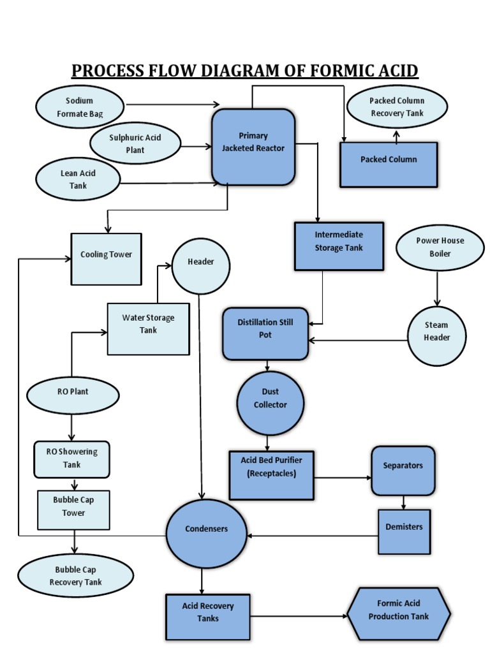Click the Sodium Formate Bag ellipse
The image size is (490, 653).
tap(80, 107)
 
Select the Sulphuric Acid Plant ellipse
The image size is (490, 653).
tap(135, 143)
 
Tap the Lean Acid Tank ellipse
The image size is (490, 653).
tap(78, 179)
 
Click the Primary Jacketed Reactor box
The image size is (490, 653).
tap(253, 147)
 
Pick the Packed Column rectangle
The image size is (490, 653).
tap(389, 165)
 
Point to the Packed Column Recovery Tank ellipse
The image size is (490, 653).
tap(397, 106)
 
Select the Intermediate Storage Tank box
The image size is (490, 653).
tap(339, 246)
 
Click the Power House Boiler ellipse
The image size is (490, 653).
tap(440, 247)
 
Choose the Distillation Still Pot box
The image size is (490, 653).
tap(265, 334)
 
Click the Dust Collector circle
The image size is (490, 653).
tap(271, 403)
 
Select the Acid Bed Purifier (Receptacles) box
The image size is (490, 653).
tap(271, 475)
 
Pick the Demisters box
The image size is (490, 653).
tap(404, 531)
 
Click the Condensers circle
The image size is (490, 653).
tap(206, 533)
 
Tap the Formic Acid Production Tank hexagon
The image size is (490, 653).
tap(399, 613)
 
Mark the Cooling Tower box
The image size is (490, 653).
tap(106, 259)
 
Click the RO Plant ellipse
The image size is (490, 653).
tap(72, 395)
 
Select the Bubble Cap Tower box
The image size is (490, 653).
tap(73, 510)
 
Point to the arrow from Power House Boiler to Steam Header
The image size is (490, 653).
tap(437, 288)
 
